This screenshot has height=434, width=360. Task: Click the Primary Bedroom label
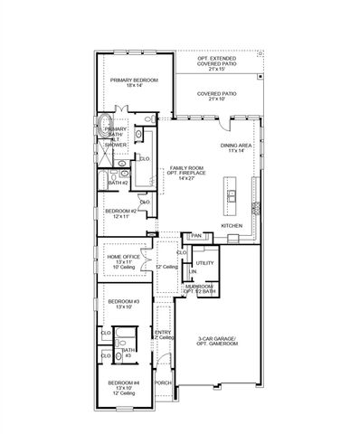[x=134, y=83]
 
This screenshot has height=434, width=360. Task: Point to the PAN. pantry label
[x=196, y=236]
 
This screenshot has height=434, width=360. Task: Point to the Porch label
[x=163, y=383]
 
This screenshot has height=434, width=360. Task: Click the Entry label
[x=163, y=335]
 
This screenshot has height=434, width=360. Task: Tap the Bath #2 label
[x=118, y=182]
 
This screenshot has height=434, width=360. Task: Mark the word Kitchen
[x=232, y=225]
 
